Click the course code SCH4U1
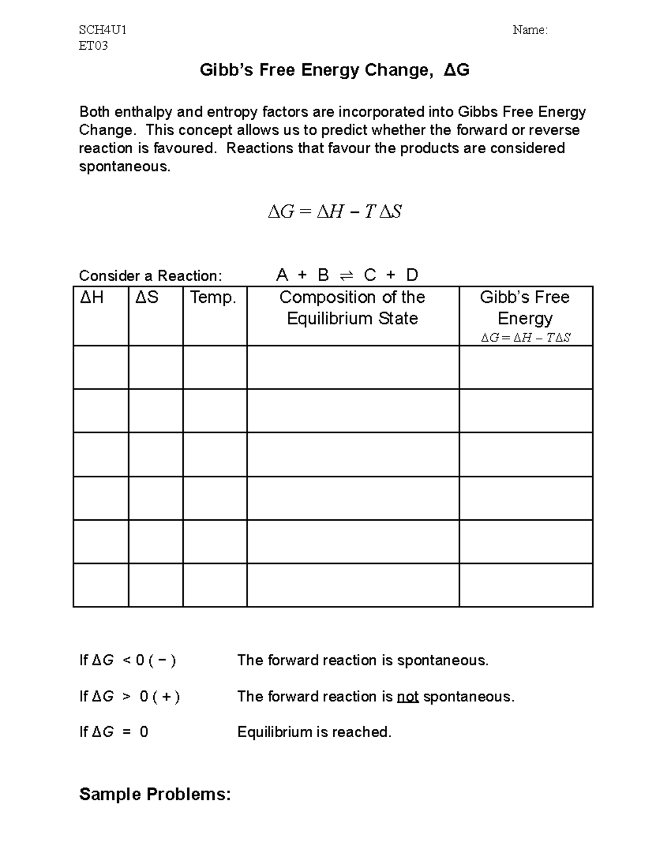pos(102,30)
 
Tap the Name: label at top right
pos(530,30)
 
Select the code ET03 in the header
pos(93,46)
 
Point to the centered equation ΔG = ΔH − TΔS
pos(334,212)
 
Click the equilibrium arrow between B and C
pos(346,276)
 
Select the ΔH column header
pos(92,297)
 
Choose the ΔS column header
pos(147,297)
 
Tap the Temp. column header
pos(213,297)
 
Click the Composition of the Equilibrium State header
pos(352,308)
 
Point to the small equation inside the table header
pos(526,338)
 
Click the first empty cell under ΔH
pos(101,367)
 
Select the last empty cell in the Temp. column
pos(215,585)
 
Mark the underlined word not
pos(408,697)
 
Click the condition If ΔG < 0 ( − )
pos(128,661)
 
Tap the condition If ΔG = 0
pos(114,732)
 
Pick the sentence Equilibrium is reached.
pos(314,732)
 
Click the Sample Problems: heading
pos(155,794)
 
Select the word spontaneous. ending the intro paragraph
pos(125,167)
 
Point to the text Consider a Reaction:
pos(150,276)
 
